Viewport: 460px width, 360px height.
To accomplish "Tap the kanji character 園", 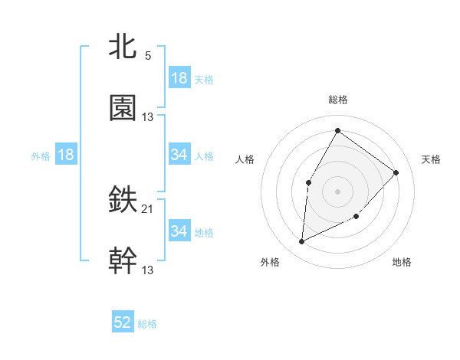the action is (123, 108).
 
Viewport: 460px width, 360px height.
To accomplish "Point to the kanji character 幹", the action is (123, 261).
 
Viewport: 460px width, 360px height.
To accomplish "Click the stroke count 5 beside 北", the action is (148, 56).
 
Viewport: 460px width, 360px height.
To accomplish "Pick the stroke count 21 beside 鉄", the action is (148, 209).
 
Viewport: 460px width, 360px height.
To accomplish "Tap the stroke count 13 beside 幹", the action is (148, 270).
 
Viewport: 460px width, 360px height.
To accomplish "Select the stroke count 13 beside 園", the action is (148, 116).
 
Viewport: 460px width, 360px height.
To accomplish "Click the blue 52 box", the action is (123, 322).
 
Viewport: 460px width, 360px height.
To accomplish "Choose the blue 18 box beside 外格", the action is (66, 155).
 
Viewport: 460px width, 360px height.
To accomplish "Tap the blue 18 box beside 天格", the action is (179, 77).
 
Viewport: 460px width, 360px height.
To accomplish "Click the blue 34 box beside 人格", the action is (179, 155).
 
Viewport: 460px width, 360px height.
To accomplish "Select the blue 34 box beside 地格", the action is (179, 231).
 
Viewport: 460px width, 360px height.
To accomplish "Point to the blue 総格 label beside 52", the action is (147, 324).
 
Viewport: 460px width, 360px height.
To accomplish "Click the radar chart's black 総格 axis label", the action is (337, 100).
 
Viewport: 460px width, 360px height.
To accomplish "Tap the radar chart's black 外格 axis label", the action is (269, 262).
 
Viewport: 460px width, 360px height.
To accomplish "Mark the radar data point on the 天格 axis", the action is (396, 172).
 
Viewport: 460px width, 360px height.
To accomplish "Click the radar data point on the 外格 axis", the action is (302, 241).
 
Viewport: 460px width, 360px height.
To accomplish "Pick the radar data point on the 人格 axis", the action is (308, 182).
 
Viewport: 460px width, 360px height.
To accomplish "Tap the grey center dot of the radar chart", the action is (337, 191).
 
